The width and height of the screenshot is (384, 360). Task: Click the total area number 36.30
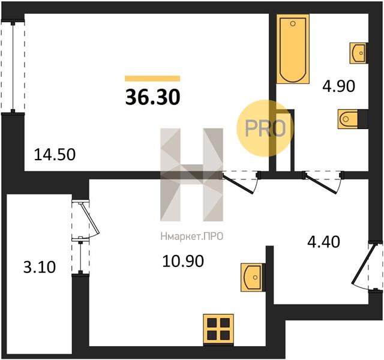[x=153, y=97]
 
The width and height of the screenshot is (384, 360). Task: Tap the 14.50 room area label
[x=55, y=155]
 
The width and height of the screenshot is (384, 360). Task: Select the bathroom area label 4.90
[x=338, y=86]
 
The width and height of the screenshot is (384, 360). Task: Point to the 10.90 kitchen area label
[x=183, y=261]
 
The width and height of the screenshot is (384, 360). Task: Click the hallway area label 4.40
[x=323, y=242]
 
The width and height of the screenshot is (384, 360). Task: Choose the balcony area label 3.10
[x=40, y=267]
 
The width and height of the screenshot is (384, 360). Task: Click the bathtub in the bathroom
[x=293, y=49]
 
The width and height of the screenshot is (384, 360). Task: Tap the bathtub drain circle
[x=293, y=24]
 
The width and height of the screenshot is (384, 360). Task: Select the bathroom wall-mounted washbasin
[x=358, y=53]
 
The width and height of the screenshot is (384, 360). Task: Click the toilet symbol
[x=348, y=119]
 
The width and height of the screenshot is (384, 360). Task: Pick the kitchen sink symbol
[x=252, y=277]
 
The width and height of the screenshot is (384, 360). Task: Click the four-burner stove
[x=218, y=329]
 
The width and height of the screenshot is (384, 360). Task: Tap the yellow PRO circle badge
[x=265, y=128]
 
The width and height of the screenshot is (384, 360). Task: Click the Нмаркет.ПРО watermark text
[x=192, y=237]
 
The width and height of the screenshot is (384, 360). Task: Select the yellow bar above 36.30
[x=152, y=79]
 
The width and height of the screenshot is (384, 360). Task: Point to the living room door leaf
[x=238, y=184]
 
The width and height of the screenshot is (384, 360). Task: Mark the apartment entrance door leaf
[x=364, y=263]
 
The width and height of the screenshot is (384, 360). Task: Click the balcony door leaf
[x=90, y=218]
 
